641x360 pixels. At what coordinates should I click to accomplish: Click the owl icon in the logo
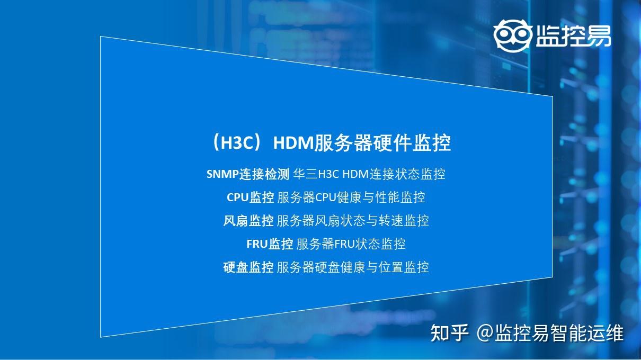512,35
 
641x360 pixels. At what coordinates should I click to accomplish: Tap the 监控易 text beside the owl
573,35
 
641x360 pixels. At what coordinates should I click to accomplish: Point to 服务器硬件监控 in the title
382,143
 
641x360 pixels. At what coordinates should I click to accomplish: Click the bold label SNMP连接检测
247,174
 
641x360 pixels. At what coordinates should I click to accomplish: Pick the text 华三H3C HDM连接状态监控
369,174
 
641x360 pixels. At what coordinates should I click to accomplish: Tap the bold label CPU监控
250,197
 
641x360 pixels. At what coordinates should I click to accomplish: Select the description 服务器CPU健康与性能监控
351,197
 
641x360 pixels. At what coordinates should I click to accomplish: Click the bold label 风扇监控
248,221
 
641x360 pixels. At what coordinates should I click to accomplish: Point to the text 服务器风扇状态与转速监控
353,221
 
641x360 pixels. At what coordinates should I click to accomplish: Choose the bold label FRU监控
270,244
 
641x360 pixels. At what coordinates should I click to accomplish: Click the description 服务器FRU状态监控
351,244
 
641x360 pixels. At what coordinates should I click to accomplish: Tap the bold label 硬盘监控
248,267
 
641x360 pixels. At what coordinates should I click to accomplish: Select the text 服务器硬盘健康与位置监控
353,267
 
